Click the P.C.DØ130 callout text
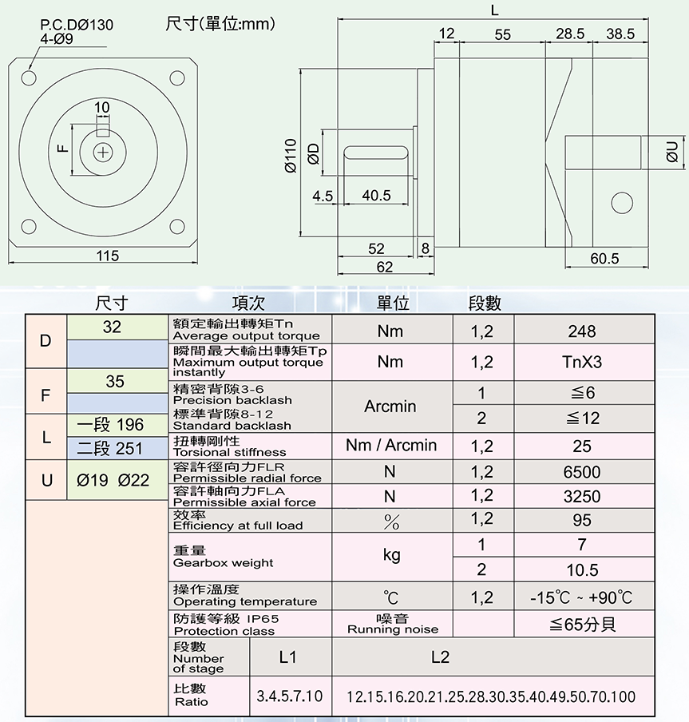click(x=77, y=25)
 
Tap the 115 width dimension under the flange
click(x=107, y=256)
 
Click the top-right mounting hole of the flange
click(x=177, y=78)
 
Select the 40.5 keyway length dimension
click(x=375, y=196)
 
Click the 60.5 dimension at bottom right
click(x=604, y=259)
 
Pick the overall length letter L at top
click(x=495, y=10)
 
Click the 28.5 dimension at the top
click(x=570, y=34)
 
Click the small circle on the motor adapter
click(x=619, y=203)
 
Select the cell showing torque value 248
click(x=582, y=331)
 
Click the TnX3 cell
click(x=582, y=362)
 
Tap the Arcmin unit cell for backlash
click(x=390, y=407)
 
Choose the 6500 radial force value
click(x=582, y=472)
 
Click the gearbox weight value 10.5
click(x=582, y=569)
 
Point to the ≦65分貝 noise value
click(x=582, y=624)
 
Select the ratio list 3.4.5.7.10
click(x=290, y=696)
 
